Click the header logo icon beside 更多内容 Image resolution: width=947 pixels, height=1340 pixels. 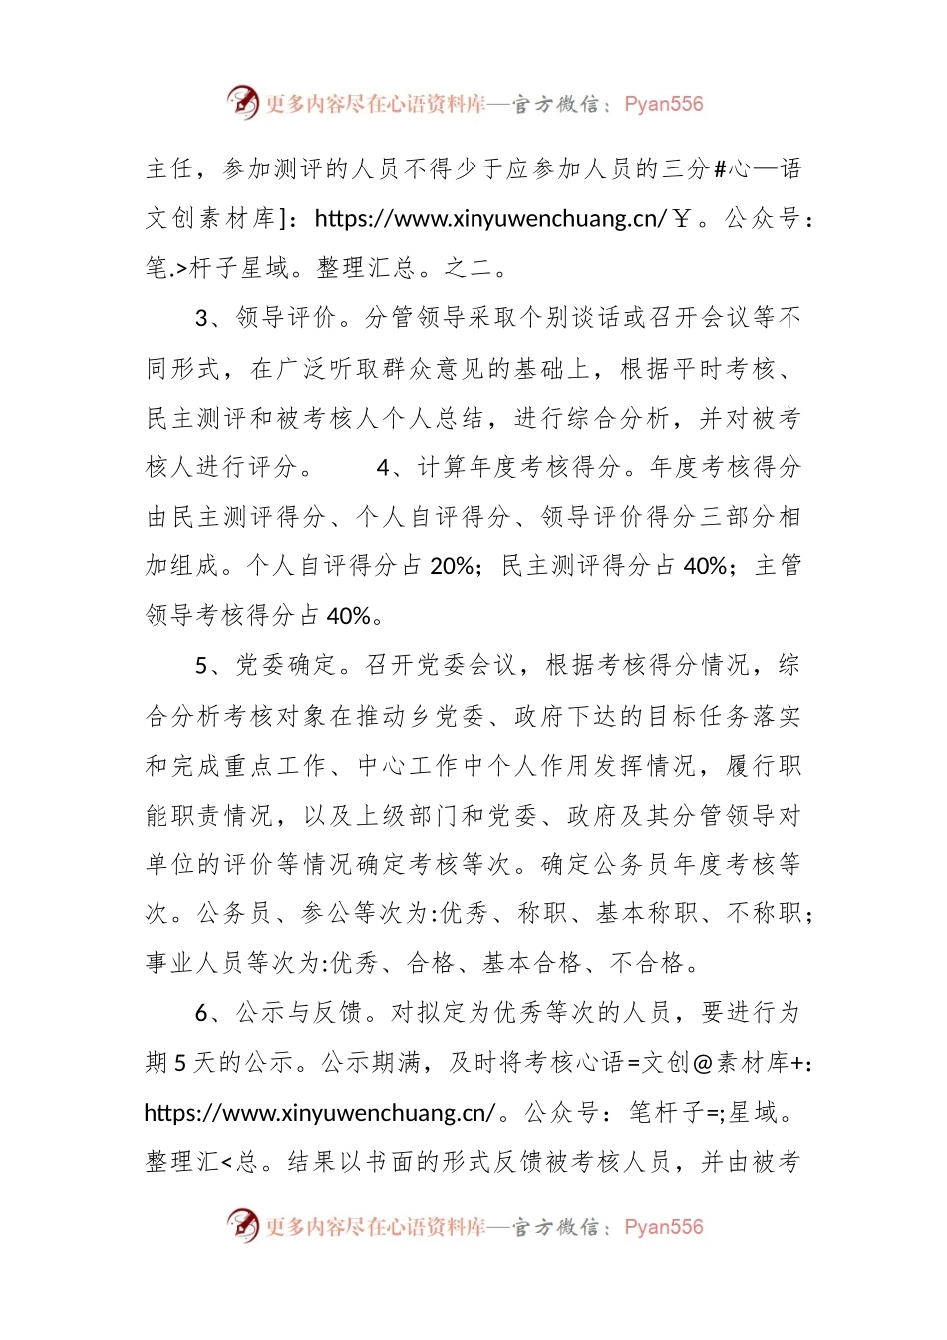[243, 102]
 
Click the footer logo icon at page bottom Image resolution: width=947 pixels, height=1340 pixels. [243, 1225]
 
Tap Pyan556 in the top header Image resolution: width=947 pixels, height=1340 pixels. [663, 104]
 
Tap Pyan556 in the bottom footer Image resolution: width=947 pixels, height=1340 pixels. [663, 1227]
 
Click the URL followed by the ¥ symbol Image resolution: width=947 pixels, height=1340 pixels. [489, 218]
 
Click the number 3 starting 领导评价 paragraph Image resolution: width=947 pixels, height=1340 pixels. [201, 318]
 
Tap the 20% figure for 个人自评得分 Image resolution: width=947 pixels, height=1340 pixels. [451, 566]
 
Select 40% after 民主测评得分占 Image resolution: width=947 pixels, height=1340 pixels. [705, 566]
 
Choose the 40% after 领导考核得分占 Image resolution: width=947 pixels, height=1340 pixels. [349, 616]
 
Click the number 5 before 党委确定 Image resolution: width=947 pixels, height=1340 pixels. [201, 665]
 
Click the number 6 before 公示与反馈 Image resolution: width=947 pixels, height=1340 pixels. [201, 1013]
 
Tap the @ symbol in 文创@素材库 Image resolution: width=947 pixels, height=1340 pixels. [702, 1063]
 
